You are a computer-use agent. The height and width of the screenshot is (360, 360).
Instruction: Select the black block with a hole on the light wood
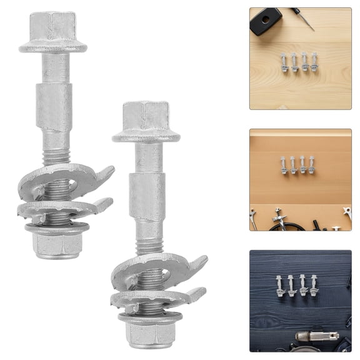(x=265, y=21)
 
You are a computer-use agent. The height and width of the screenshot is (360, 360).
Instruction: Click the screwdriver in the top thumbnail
(x=302, y=19)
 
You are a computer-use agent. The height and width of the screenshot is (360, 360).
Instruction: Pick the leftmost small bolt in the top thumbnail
(x=284, y=62)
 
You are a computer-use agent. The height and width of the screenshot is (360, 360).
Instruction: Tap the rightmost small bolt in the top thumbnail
(x=314, y=61)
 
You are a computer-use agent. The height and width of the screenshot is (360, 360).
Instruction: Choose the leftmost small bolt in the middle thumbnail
(x=284, y=164)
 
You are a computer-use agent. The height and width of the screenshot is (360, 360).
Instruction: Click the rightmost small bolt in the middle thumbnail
(x=311, y=164)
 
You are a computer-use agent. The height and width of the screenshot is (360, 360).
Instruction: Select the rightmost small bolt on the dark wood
(x=314, y=285)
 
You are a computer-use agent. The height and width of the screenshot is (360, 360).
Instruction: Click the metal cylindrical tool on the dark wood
(x=316, y=338)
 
